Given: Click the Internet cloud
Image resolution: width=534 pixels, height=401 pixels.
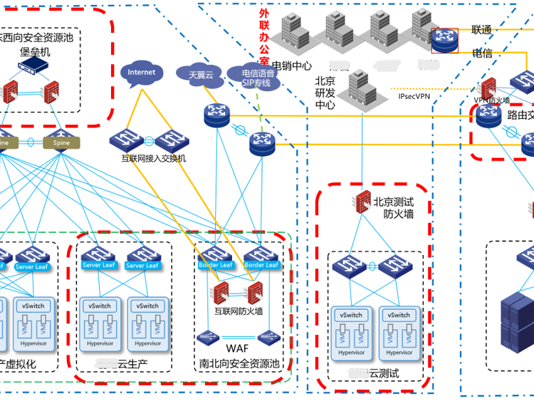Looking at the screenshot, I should tap(141, 73).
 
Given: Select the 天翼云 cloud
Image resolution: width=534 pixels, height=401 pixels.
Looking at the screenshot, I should tap(200, 74).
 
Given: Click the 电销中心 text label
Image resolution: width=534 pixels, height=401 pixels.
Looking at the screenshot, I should tap(292, 66).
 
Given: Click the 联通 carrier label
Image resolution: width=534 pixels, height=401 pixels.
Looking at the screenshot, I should tap(482, 30).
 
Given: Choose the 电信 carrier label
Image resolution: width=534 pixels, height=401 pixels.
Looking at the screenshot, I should tap(482, 53).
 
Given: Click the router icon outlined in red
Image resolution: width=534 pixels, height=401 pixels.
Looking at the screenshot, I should tap(446, 41).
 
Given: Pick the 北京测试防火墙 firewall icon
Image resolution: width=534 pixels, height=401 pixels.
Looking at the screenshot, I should tap(362, 200).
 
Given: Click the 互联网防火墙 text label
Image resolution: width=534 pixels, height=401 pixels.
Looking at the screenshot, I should tap(239, 311).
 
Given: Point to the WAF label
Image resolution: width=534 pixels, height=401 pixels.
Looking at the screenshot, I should tap(237, 348).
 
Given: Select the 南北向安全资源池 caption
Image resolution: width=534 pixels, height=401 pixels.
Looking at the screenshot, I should tap(240, 365).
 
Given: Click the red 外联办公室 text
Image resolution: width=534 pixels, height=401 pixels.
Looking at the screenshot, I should tap(264, 35).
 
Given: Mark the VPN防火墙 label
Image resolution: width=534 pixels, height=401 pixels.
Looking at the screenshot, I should tap(491, 100).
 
